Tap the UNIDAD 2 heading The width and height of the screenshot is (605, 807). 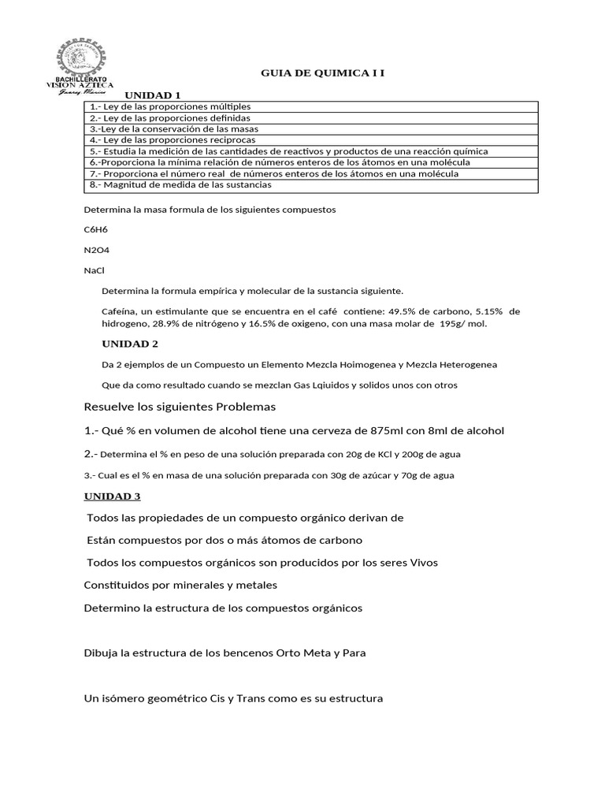point(130,344)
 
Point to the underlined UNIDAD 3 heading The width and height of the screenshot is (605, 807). point(112,496)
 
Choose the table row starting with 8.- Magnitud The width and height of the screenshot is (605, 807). point(180,184)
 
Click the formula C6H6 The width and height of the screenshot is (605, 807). point(96,229)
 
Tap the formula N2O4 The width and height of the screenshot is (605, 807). point(97,250)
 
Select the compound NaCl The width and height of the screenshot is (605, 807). point(94,270)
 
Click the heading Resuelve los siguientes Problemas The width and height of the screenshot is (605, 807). point(180,407)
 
